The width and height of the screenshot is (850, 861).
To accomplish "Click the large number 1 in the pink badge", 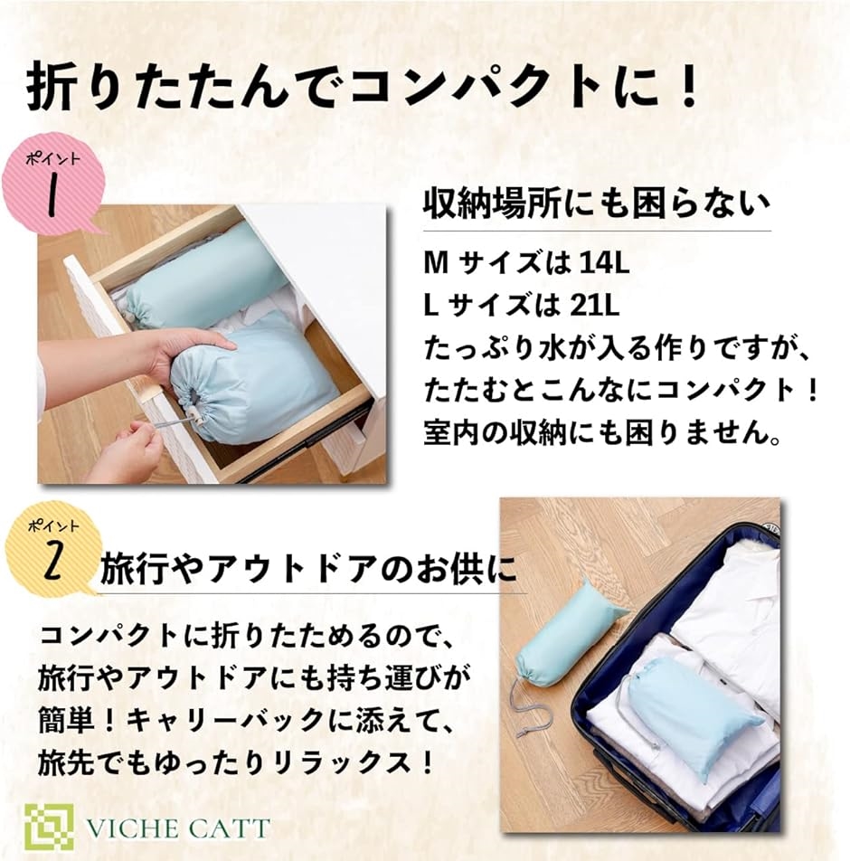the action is [52, 195].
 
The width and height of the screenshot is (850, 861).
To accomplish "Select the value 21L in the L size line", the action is [595, 306].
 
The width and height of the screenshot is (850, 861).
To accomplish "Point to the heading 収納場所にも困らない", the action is [596, 204].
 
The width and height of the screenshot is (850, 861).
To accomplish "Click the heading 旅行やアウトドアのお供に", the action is [309, 568].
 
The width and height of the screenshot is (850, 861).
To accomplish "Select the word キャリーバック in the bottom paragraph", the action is [226, 719].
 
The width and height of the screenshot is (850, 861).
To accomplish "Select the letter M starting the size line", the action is [436, 263].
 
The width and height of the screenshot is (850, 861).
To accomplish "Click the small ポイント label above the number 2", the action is [53, 526].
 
